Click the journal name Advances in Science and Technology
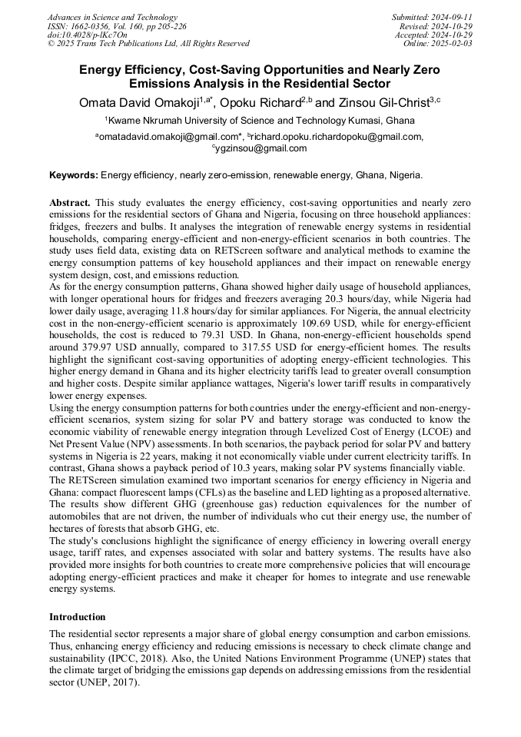coord(112,17)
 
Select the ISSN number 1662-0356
coord(96,25)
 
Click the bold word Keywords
coord(74,175)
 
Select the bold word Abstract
coord(70,201)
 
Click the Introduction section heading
coord(78,616)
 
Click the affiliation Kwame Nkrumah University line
coord(260,121)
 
